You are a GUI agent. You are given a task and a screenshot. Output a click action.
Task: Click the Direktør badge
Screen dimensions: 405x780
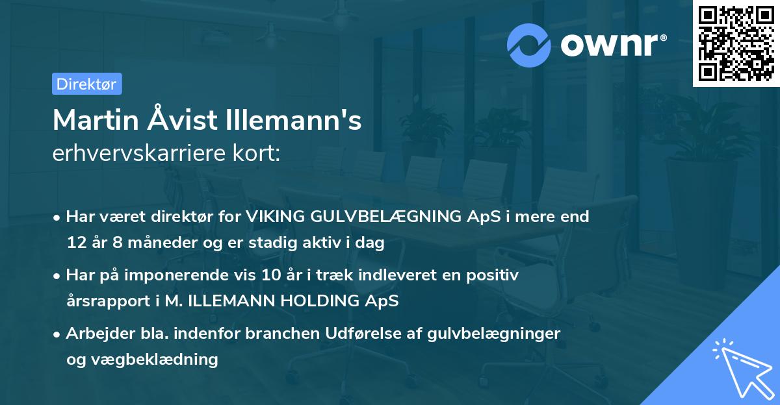coord(86,84)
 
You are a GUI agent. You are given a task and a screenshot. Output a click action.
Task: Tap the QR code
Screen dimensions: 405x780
coord(736,43)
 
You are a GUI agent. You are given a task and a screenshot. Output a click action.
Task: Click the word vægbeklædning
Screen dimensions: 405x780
coord(153,360)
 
